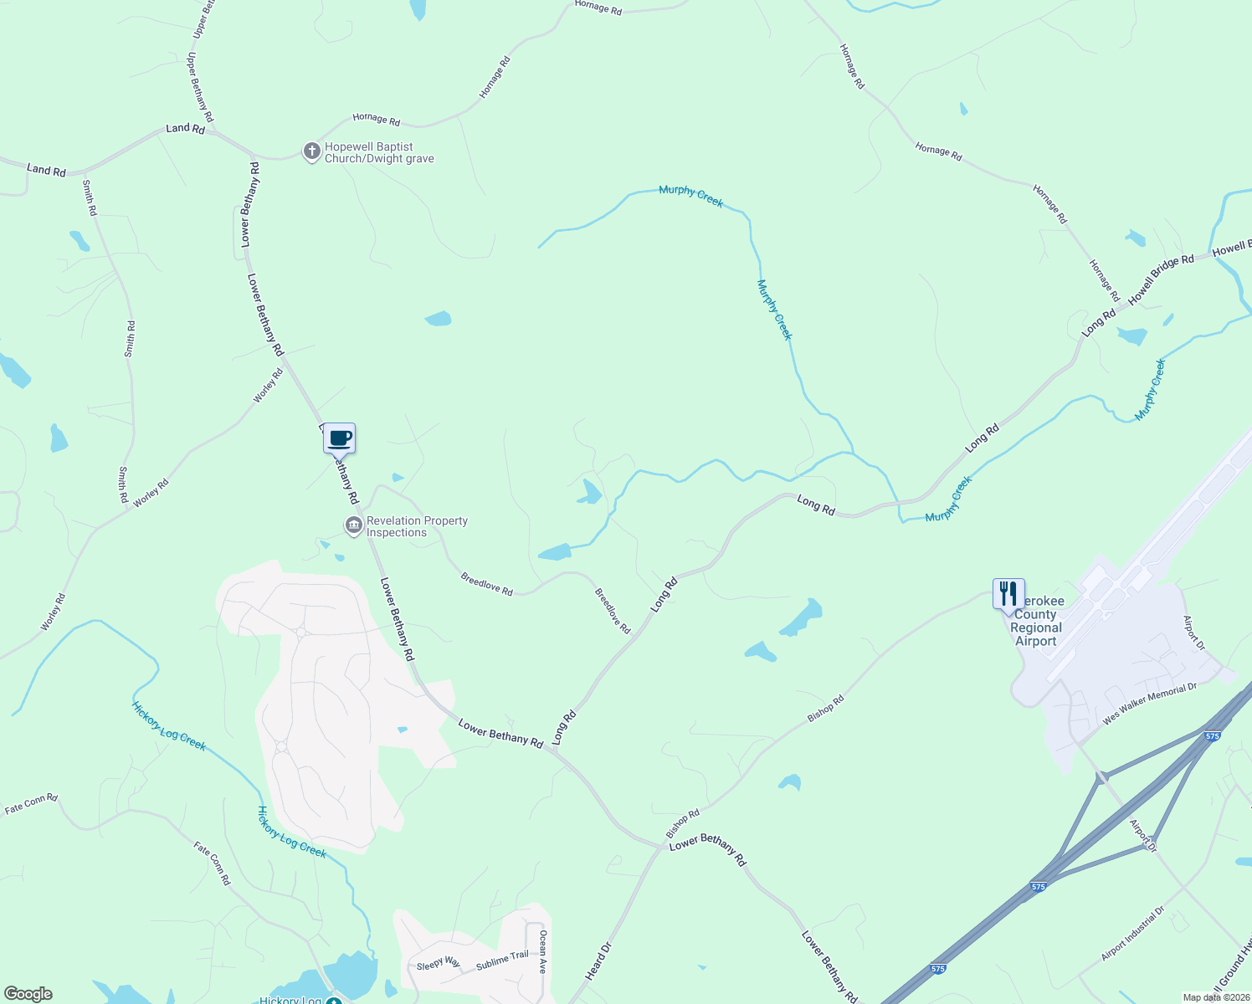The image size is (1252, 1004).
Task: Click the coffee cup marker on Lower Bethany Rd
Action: [x=340, y=438]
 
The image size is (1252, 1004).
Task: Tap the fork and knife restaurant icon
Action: [x=1008, y=593]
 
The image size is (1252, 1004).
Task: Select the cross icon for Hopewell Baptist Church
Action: [x=311, y=151]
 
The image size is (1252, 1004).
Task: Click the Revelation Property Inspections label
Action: [x=417, y=526]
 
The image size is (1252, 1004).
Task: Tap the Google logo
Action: [x=28, y=994]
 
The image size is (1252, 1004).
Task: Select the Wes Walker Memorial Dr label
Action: [x=1150, y=704]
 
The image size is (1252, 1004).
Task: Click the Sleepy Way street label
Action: [x=439, y=963]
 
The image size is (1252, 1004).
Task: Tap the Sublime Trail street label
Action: [x=502, y=960]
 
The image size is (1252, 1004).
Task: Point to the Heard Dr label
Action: [x=599, y=961]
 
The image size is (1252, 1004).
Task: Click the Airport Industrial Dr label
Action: [x=1132, y=934]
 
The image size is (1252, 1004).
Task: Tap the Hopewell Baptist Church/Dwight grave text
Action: [x=379, y=152]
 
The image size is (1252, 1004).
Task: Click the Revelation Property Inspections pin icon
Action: [x=353, y=525]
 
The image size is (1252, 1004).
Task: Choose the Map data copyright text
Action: [x=1215, y=997]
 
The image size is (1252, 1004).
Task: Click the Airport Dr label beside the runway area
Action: [x=1193, y=633]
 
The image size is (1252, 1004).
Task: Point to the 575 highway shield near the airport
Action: [x=1213, y=735]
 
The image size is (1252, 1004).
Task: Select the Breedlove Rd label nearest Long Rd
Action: [x=613, y=610]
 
